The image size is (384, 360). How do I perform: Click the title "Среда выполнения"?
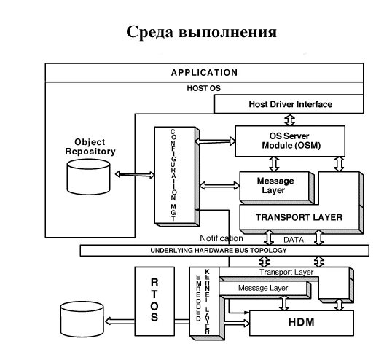201,32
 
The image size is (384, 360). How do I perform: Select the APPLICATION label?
204,73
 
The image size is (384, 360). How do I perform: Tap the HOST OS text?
203,88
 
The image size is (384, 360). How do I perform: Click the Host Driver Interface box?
289,104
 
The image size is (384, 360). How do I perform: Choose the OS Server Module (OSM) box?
290,141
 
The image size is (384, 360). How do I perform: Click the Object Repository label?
90,146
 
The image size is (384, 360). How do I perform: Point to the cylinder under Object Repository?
88,177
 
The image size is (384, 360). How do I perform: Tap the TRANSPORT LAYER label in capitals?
299,217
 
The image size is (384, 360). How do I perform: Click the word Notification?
222,238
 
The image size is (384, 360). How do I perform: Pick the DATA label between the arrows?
294,240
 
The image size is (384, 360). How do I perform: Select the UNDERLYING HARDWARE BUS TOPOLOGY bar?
224,250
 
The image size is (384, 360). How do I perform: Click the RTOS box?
154,301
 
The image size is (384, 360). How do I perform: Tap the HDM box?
302,323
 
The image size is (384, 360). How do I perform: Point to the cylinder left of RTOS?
82,319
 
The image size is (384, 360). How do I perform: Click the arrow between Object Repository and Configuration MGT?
135,175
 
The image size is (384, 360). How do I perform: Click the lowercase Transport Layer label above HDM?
286,272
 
